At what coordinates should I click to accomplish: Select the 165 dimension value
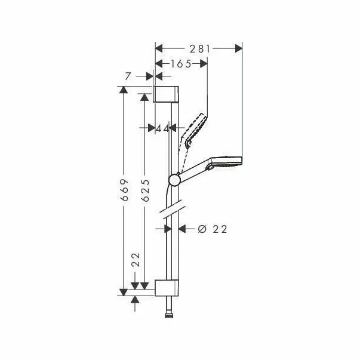tap(179, 64)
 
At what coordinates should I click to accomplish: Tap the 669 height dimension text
tap(123, 190)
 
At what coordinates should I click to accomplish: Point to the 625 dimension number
tap(144, 190)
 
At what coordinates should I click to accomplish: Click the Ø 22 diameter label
tap(211, 229)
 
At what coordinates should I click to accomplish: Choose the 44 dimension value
tap(162, 127)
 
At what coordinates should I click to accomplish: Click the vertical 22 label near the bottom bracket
tap(136, 260)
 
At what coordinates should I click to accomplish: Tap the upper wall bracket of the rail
tap(167, 94)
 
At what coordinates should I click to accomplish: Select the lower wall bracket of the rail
tap(167, 287)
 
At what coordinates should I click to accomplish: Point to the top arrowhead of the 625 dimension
tap(144, 96)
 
